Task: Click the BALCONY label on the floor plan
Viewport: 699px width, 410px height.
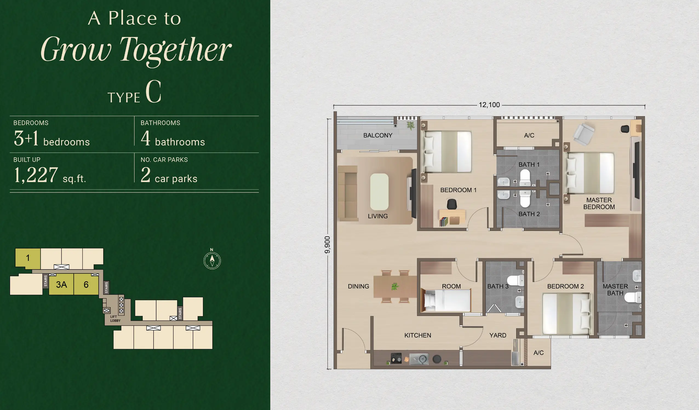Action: click(x=378, y=135)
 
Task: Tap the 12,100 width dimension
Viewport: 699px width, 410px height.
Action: click(x=489, y=105)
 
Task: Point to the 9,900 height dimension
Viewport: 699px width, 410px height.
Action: click(x=327, y=245)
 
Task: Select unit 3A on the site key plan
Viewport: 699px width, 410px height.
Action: click(x=61, y=284)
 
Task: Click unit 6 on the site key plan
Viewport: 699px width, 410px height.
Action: click(x=86, y=284)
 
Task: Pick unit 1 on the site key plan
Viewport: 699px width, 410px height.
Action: click(x=28, y=258)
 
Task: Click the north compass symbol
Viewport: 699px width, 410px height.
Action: click(x=212, y=260)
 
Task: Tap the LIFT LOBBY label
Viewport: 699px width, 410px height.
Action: click(x=115, y=319)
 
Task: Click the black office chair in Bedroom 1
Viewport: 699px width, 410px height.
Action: click(x=452, y=204)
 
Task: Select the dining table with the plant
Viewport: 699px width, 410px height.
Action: click(x=395, y=287)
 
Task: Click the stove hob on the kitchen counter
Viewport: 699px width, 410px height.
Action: click(x=396, y=358)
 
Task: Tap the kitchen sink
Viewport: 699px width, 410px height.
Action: click(x=419, y=359)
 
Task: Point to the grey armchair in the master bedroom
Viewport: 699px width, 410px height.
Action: click(x=584, y=134)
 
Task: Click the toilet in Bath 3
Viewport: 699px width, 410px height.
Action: click(x=516, y=280)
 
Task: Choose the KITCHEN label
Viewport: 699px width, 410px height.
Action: click(x=418, y=336)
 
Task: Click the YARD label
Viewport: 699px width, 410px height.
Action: click(x=498, y=336)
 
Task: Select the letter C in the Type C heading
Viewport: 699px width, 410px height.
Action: click(x=153, y=91)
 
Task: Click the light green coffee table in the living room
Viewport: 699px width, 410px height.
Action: click(x=379, y=192)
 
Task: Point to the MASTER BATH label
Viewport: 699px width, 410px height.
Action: click(x=615, y=290)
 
